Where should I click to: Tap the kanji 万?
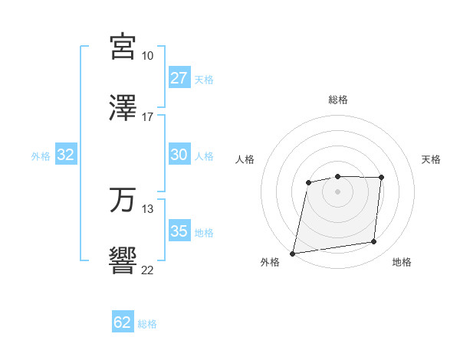tap(123, 200)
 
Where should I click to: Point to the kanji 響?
tap(123, 260)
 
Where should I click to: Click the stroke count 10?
tap(148, 56)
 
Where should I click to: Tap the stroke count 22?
tap(148, 270)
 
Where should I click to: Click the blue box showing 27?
tap(179, 78)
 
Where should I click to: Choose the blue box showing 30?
tap(179, 155)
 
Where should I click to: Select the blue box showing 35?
tap(179, 231)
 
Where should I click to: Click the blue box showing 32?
tap(66, 155)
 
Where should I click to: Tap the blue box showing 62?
tap(123, 322)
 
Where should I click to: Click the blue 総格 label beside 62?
tap(147, 324)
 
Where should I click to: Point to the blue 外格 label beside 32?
tap(41, 156)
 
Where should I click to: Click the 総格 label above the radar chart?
tap(338, 100)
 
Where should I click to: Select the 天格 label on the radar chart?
tap(432, 159)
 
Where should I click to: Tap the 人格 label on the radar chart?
tap(245, 159)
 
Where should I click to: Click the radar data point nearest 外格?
tap(293, 253)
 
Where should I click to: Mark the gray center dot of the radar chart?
tap(338, 191)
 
